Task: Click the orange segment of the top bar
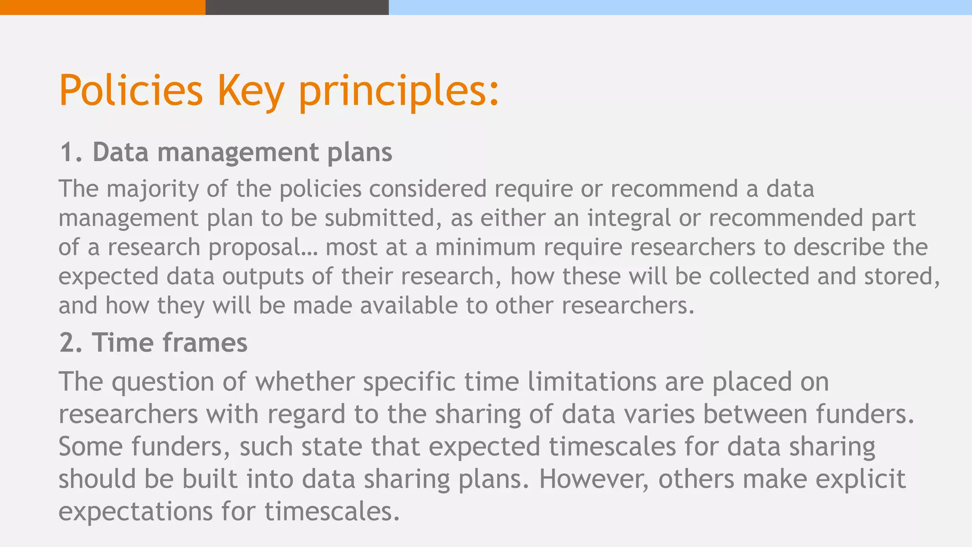[x=103, y=7]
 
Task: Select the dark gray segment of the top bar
[x=297, y=7]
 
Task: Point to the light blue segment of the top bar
[x=680, y=7]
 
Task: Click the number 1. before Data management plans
[x=72, y=152]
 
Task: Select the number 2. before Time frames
[x=72, y=342]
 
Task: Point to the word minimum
[x=485, y=247]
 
